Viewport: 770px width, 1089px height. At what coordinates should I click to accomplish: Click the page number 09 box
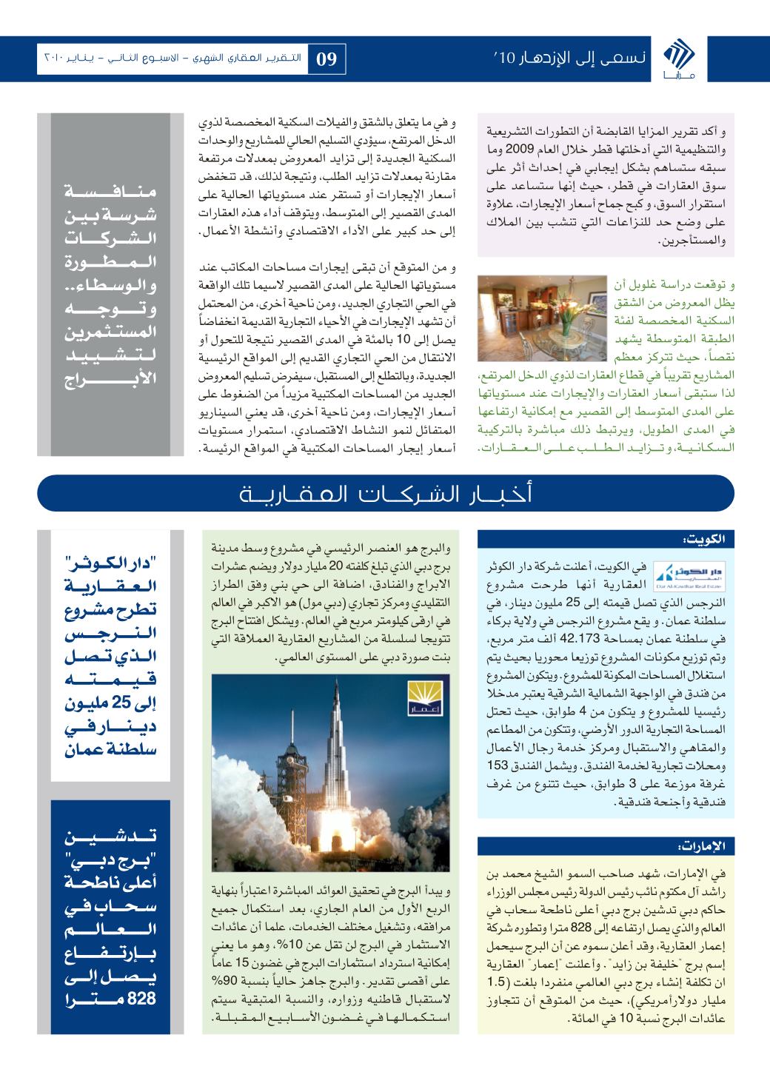327,58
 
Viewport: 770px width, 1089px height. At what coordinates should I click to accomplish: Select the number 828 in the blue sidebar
142,998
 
